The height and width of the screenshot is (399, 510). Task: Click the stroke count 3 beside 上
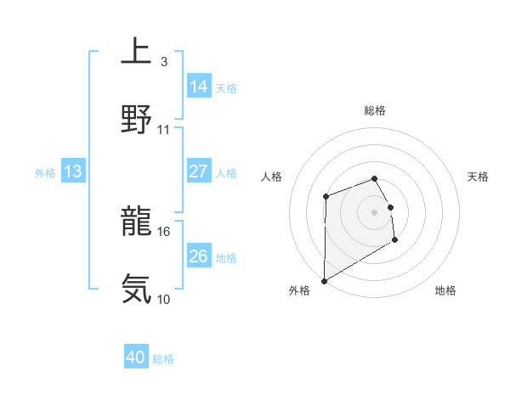(163, 62)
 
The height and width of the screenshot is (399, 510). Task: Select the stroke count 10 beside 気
(164, 299)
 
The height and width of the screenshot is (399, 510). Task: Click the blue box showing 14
(199, 87)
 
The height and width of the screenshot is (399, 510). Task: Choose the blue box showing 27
(199, 171)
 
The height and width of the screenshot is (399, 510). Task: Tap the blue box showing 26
(199, 256)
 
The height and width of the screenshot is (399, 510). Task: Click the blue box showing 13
(73, 172)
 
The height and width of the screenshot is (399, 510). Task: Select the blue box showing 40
(136, 358)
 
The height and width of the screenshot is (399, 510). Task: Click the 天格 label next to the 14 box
(226, 88)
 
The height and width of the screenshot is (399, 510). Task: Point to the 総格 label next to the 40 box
(164, 360)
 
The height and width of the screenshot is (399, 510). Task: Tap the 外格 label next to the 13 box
(45, 173)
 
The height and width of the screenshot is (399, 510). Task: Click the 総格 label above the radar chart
(375, 110)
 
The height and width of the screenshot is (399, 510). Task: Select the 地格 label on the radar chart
(445, 291)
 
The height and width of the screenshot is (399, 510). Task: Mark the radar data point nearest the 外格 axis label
(324, 280)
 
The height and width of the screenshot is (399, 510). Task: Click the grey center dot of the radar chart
(375, 211)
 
